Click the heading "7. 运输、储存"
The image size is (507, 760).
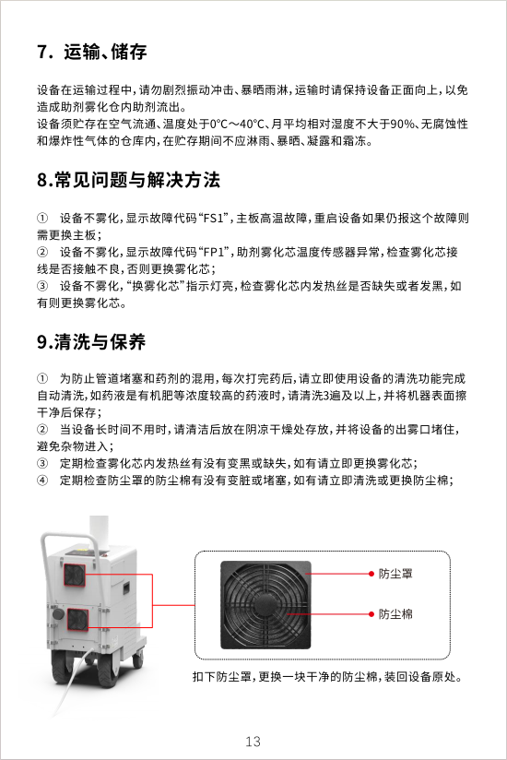click(x=92, y=52)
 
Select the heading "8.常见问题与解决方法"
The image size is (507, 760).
click(x=129, y=180)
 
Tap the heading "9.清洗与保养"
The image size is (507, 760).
click(x=91, y=341)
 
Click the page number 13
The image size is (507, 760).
click(x=253, y=742)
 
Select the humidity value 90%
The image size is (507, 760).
click(x=402, y=125)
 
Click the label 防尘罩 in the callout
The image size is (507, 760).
click(x=395, y=574)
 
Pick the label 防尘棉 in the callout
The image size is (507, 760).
click(x=395, y=614)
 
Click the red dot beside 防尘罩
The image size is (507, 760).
click(x=371, y=574)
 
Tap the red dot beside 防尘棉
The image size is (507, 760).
click(x=371, y=614)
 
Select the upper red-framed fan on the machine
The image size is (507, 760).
click(x=75, y=576)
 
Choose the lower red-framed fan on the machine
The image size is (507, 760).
click(x=77, y=620)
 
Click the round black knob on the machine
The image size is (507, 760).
click(x=58, y=614)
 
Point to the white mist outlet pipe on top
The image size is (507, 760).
click(x=99, y=533)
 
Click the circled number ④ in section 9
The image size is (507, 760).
click(x=42, y=481)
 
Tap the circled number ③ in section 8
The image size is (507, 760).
click(x=42, y=287)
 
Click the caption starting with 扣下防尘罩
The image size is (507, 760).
click(x=327, y=677)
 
